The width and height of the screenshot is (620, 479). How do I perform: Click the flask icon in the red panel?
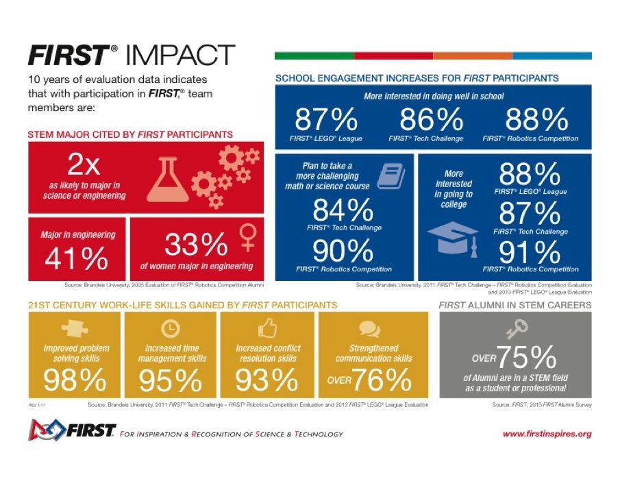coord(166,180)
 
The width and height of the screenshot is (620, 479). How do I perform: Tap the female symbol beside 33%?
coord(246,238)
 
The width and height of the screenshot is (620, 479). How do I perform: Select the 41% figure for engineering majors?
coord(76,259)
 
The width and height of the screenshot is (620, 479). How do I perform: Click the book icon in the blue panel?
coord(390,176)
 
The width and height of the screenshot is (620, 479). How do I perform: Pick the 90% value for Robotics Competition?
coord(343,251)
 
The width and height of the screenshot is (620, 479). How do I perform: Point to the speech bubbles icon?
coord(369,330)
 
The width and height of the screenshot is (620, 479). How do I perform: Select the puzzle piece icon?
coord(75,330)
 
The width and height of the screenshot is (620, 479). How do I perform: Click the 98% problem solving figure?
coord(75,380)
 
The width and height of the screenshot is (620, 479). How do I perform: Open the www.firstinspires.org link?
coord(547,434)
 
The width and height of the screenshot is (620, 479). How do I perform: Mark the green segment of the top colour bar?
coord(314,56)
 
